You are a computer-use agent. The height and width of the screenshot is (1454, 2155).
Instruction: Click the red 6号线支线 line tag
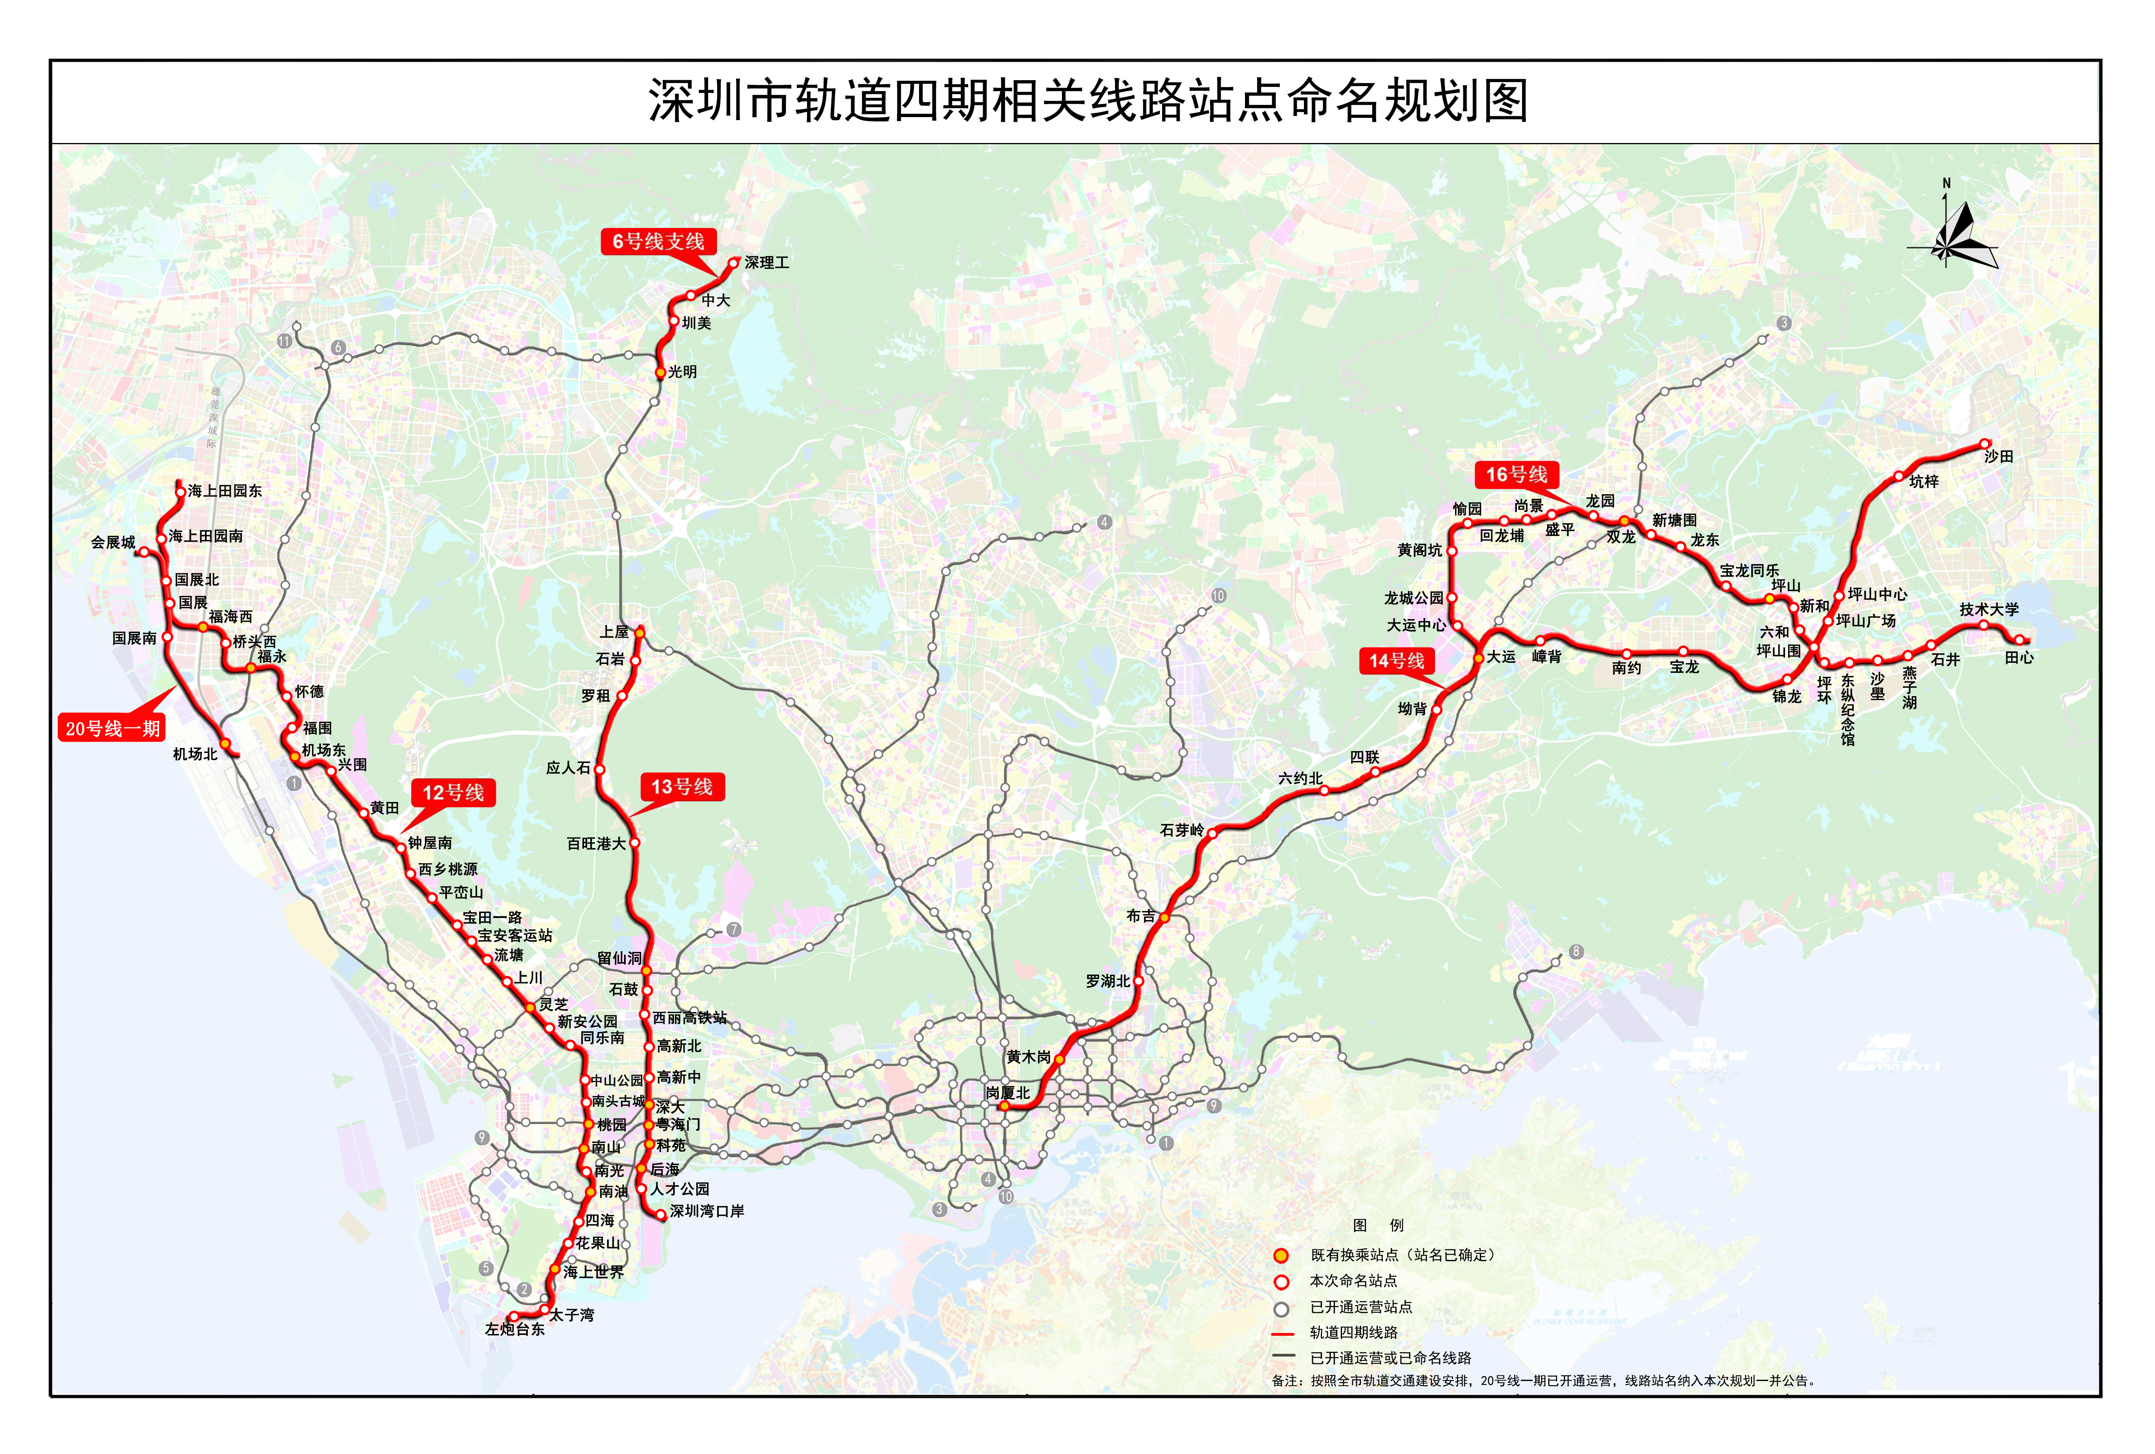tap(658, 242)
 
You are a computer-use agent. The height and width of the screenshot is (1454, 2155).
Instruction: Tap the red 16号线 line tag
tap(1516, 475)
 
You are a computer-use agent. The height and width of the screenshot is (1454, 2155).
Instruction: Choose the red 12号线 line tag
tap(453, 793)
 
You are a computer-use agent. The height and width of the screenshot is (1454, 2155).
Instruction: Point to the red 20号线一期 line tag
tap(112, 728)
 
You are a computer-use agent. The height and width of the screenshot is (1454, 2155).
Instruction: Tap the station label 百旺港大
tap(596, 844)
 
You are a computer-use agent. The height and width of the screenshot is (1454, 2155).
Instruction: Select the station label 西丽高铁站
tap(690, 1017)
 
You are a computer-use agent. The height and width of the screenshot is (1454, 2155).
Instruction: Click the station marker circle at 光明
tap(660, 373)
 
